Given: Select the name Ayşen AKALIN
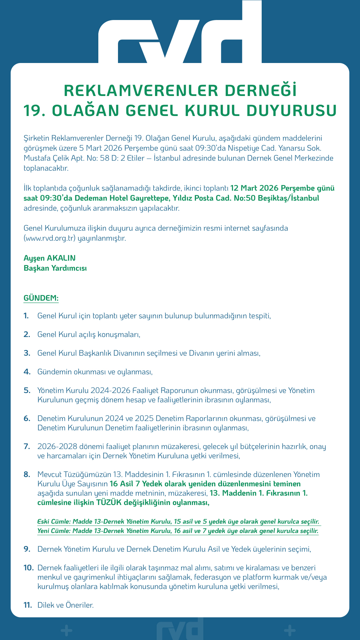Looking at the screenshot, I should coord(50,258).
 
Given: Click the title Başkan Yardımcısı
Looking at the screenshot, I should coord(55,268).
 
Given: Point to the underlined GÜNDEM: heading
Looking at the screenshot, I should coord(41,298).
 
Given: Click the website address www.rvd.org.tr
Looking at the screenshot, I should coord(50,238).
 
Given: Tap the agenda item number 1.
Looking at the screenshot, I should coord(26,316).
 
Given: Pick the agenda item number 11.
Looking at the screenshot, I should coord(28,605).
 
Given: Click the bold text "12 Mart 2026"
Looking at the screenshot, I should coord(254,188).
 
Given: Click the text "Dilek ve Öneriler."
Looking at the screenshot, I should coord(66,605).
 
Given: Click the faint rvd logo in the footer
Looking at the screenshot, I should coord(180,629).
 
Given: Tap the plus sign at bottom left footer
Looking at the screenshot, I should coord(67,630).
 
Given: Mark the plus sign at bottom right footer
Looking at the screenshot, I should coord(290,630).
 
